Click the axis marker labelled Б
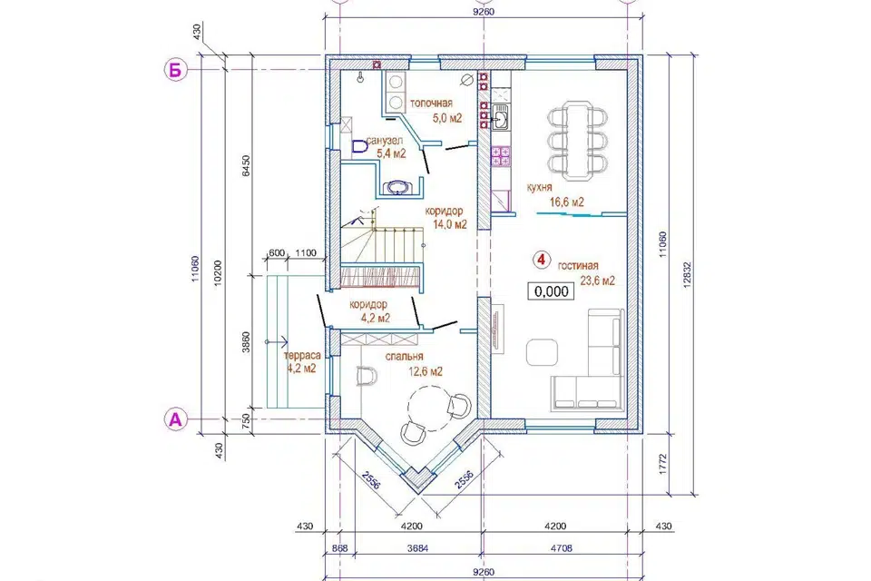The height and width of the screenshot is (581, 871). pos(175,70)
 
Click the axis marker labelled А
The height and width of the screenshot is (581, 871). pos(175,419)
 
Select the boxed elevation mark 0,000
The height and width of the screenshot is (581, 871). pos(551,291)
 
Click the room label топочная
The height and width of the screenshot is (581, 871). pos(431,103)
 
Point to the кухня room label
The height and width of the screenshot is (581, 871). pos(539,188)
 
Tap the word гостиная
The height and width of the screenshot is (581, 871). pos(578,266)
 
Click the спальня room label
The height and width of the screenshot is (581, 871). pos(405,357)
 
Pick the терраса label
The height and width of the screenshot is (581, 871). pos(302,356)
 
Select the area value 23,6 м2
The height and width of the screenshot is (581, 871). pos(598,281)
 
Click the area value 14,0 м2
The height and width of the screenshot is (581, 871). pos(449,224)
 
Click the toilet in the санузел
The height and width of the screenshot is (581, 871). pos(359,147)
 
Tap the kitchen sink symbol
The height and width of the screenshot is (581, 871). pos(500,117)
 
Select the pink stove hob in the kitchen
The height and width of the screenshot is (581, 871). pos(501,156)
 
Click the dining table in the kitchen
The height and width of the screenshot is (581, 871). pos(577,141)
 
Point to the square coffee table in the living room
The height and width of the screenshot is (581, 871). pos(542,352)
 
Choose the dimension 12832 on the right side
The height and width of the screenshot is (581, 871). pos(687,275)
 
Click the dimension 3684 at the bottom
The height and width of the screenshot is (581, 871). pos(417,548)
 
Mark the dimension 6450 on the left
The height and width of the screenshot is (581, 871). pos(246,166)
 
